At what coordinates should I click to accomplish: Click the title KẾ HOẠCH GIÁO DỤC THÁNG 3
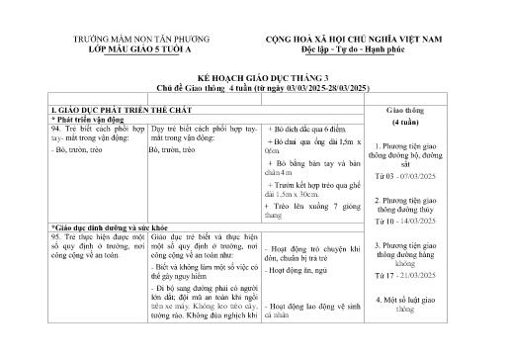click(x=254, y=76)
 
